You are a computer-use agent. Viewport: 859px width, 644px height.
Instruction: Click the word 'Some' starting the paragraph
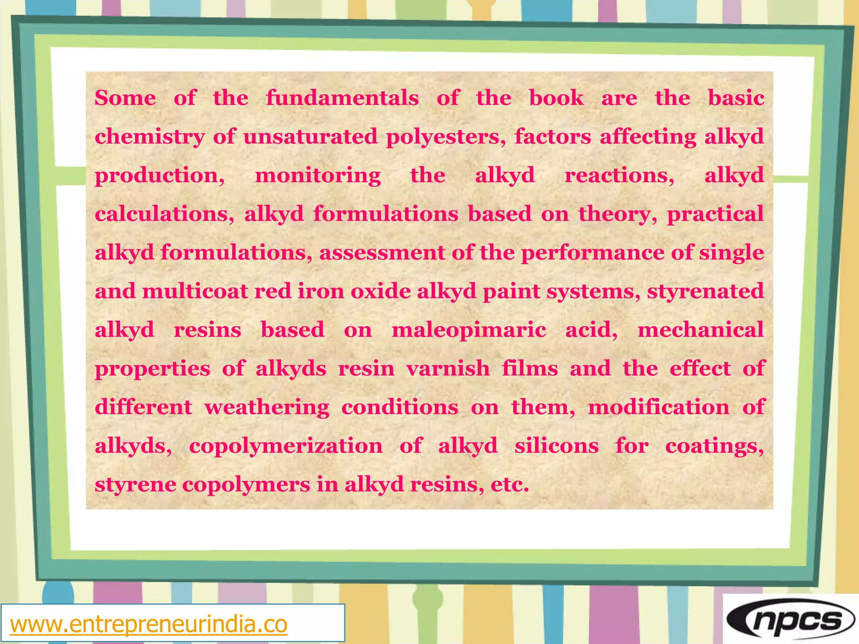[125, 98]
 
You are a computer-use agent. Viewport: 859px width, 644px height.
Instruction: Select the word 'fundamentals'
[342, 98]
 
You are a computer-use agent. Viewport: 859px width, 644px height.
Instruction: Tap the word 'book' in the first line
[556, 98]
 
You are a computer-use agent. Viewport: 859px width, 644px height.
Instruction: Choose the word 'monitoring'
[318, 176]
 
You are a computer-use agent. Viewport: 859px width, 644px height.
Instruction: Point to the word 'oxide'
[380, 291]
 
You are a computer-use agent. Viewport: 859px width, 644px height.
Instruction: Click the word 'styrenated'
[705, 291]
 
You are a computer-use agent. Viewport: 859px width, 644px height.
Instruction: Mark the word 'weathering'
[267, 408]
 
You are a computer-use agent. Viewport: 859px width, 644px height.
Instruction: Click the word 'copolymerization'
[286, 446]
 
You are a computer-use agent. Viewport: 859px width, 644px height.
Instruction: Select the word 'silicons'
[557, 446]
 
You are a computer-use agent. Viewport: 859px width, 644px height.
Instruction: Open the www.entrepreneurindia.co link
[149, 624]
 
